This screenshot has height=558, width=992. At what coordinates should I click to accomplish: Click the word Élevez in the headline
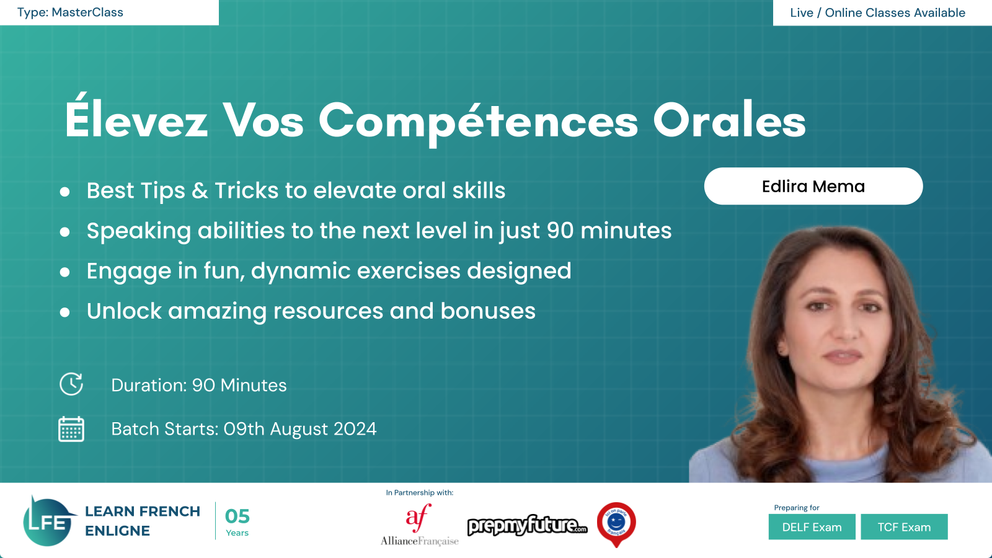(136, 117)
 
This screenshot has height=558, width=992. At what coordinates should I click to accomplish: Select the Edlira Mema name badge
(813, 186)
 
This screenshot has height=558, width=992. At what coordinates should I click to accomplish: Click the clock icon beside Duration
(71, 384)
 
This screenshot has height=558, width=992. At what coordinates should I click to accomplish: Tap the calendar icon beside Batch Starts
(71, 428)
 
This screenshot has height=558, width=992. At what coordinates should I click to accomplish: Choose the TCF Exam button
(904, 527)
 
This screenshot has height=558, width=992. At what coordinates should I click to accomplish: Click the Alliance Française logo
(419, 525)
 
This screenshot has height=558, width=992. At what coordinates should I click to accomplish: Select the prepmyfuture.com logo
(528, 525)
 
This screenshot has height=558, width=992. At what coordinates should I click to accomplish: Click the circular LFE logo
(48, 521)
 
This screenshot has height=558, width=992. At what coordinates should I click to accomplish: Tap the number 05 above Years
(237, 516)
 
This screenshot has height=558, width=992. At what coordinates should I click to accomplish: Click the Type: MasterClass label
(70, 12)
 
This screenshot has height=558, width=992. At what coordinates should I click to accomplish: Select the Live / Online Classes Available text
(877, 12)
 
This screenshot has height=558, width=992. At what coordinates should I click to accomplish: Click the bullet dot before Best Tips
(64, 192)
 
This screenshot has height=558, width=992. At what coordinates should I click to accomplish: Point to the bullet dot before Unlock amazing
(64, 312)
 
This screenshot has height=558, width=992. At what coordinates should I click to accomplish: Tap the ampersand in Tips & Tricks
(200, 191)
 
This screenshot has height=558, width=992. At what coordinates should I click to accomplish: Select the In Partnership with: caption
(419, 492)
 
